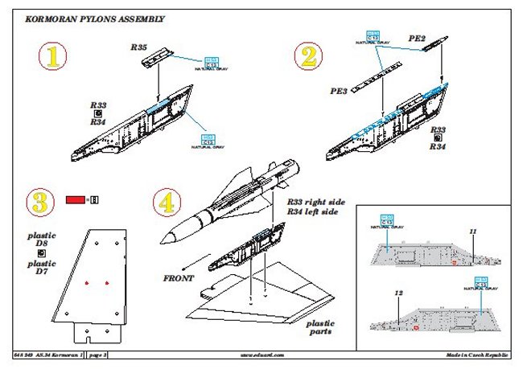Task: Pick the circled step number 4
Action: click(x=166, y=202)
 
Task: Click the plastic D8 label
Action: click(x=39, y=244)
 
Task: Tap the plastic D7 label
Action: click(x=39, y=269)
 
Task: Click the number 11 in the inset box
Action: click(x=474, y=232)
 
